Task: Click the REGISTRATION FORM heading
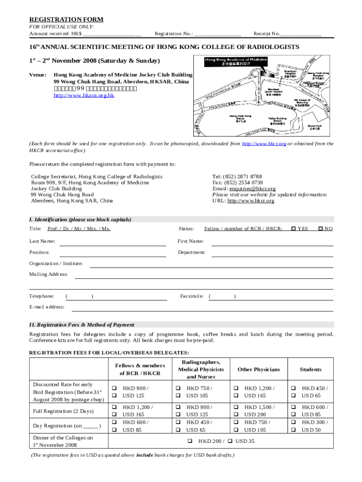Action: pyautogui.click(x=66, y=19)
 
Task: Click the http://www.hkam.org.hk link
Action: pyautogui.click(x=84, y=96)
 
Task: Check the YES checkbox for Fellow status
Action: pyautogui.click(x=293, y=229)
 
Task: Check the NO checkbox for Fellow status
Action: pyautogui.click(x=321, y=229)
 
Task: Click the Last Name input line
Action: pyautogui.click(x=112, y=244)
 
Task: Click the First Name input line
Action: pyautogui.click(x=272, y=244)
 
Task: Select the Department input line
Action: pyautogui.click(x=272, y=256)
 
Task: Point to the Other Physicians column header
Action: pyautogui.click(x=259, y=370)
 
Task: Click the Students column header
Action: pyautogui.click(x=310, y=370)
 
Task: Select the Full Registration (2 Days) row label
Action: pyautogui.click(x=63, y=411)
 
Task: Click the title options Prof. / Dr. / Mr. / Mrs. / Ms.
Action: pyautogui.click(x=79, y=229)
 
